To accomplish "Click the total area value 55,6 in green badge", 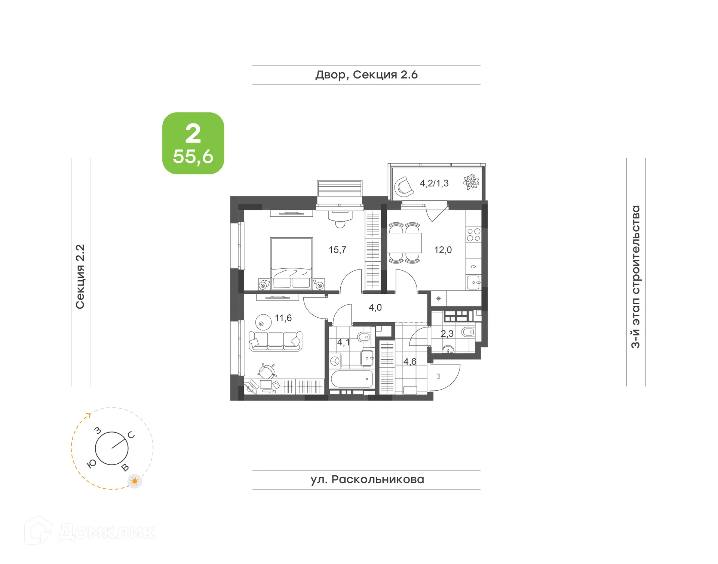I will [193, 156].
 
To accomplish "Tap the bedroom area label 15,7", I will [337, 250].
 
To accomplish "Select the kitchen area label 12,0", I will [443, 250].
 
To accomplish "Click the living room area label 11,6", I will [283, 318].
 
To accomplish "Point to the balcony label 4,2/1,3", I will [434, 183].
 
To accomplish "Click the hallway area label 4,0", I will [375, 307].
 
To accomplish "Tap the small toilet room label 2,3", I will [447, 333].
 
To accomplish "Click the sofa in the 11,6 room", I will [275, 341].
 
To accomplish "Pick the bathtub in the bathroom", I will [352, 379].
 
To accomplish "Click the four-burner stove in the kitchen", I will [473, 235].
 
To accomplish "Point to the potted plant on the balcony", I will [471, 182].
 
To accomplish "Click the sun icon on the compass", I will [135, 481].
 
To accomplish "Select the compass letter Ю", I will [91, 464].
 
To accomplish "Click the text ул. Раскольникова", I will [367, 479].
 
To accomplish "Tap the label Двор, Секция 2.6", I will [366, 75].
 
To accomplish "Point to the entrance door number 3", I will [438, 376].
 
